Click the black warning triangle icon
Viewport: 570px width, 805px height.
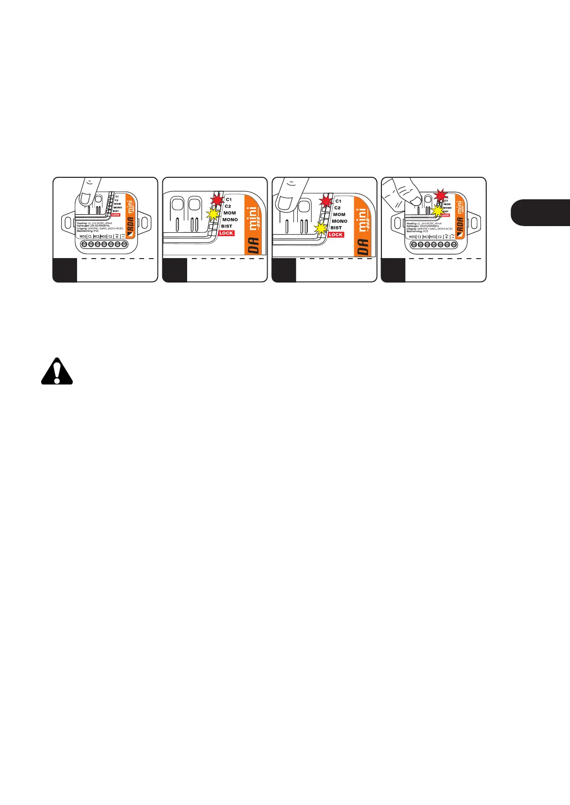pos(57,371)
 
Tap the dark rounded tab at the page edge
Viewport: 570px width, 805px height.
pos(540,213)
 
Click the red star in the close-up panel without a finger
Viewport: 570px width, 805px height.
pos(218,199)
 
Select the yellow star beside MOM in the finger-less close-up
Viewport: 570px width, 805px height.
pos(213,215)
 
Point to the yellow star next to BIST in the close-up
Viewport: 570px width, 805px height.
pos(322,228)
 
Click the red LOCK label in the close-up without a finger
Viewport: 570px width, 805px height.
pos(226,233)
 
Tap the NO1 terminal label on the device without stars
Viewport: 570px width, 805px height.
pos(83,237)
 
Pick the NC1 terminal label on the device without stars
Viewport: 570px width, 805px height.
pos(97,237)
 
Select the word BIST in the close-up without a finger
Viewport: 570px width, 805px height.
pos(226,226)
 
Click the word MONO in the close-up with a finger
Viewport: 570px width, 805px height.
pos(339,221)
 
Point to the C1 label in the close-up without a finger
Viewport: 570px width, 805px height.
pos(229,199)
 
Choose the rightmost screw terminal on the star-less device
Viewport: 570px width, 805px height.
pos(124,244)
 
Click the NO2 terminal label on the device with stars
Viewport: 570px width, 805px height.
pos(433,237)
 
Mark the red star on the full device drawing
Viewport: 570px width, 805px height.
pos(440,195)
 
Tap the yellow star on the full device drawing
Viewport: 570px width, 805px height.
pos(437,211)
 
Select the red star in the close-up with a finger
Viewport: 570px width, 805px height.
pos(327,201)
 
